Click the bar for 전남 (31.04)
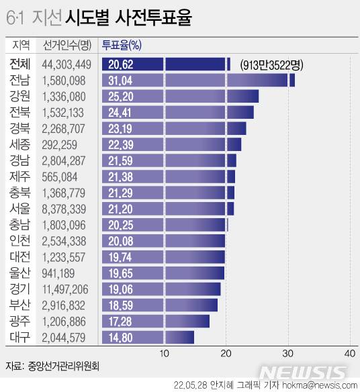point(198,81)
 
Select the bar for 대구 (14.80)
point(148,337)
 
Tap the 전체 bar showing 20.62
point(166,64)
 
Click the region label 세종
point(19,144)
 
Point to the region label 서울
point(19,209)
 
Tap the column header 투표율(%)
point(121,46)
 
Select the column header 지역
point(20,46)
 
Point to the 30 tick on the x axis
point(287,354)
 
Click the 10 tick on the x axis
point(164,354)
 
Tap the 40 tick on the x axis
point(349,354)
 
